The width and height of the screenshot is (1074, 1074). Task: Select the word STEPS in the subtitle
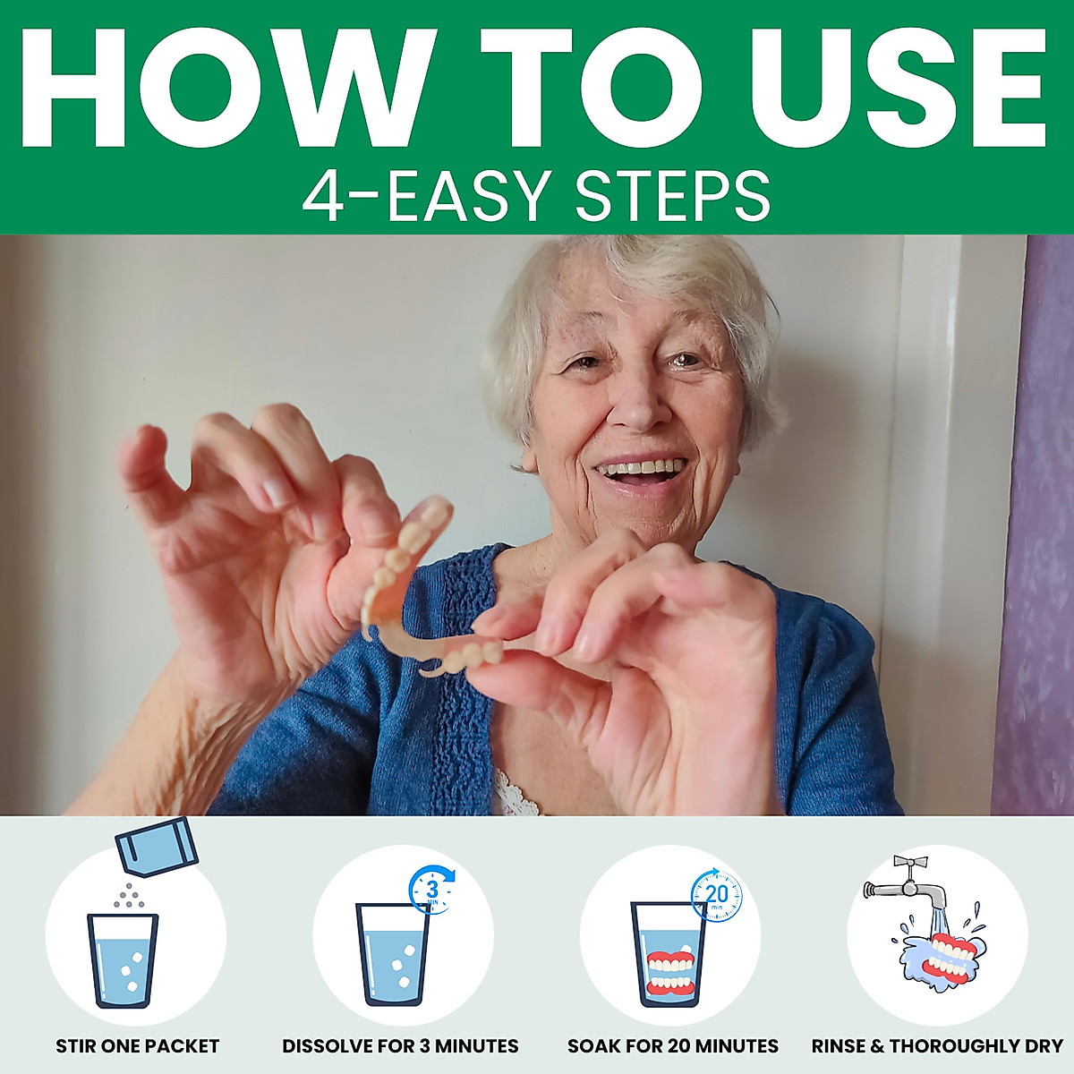[671, 196]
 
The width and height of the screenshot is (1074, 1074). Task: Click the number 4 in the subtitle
[323, 197]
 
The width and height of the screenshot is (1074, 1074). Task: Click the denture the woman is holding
[421, 591]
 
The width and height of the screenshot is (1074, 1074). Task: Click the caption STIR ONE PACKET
[137, 1046]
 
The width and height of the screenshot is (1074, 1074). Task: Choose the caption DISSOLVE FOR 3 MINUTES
[400, 1046]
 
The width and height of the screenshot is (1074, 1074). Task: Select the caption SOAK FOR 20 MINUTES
[673, 1046]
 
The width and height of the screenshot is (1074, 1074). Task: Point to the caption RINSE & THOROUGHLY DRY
[937, 1046]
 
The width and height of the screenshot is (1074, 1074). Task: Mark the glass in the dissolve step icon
[393, 953]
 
